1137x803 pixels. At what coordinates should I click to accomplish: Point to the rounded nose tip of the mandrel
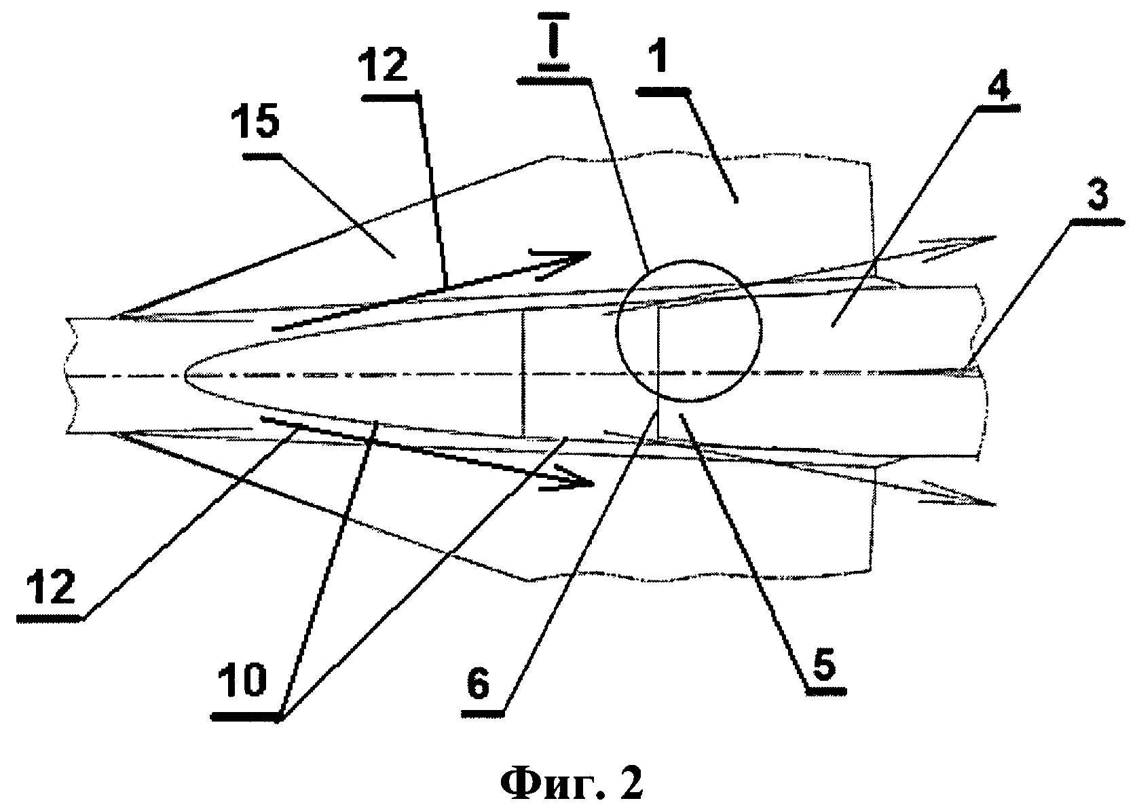point(186,376)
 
